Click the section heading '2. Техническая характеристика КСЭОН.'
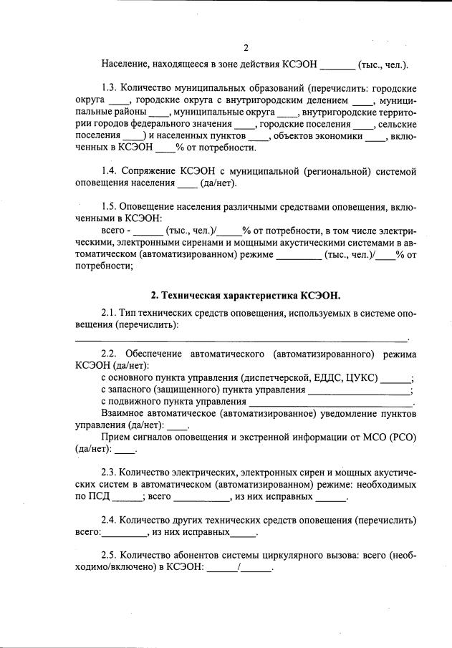(x=246, y=295)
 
